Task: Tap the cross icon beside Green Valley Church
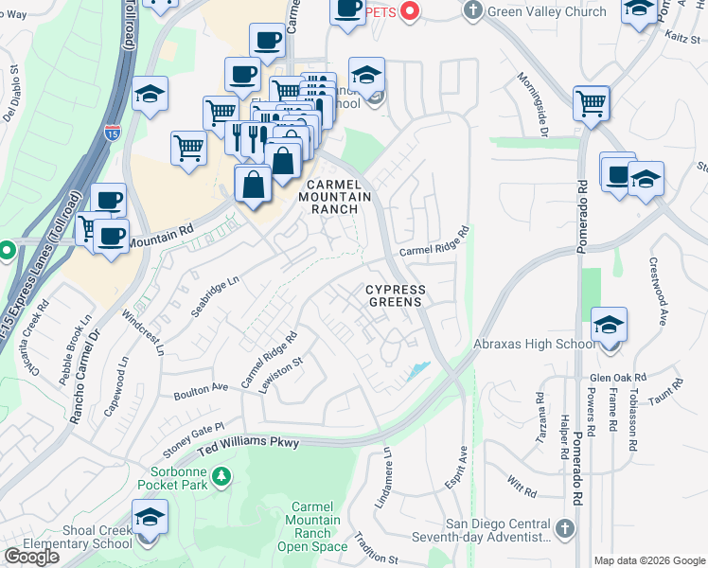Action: coord(472,11)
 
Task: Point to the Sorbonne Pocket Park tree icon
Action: coord(221,475)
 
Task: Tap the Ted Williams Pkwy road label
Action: coord(248,442)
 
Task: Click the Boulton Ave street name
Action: coord(202,388)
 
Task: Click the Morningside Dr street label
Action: coord(531,104)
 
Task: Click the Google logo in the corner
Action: coord(31,557)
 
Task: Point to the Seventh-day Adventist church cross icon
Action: coord(563,527)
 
